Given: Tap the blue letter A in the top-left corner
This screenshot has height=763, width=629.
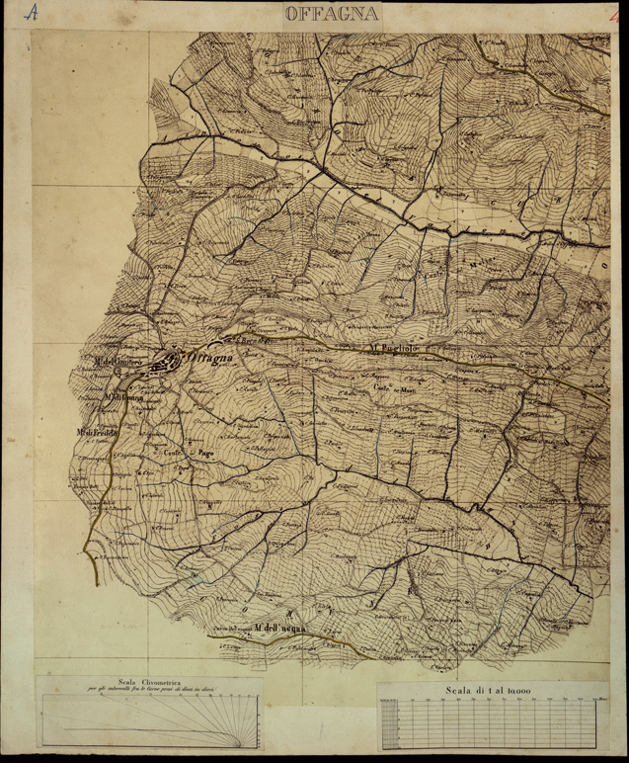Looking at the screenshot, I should click(32, 13).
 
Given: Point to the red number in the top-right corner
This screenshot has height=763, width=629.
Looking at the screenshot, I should click(613, 13).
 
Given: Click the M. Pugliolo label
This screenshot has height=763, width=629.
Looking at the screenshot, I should click(396, 349).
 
